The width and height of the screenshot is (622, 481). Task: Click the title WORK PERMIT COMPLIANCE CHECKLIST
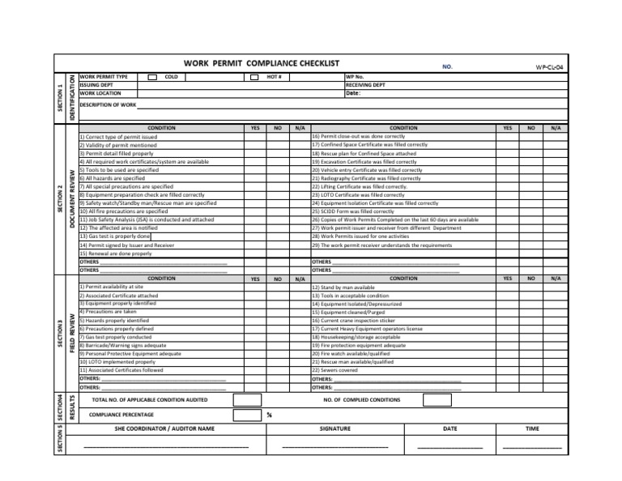pyautogui.click(x=261, y=63)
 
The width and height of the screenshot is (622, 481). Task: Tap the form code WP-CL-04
pyautogui.click(x=550, y=66)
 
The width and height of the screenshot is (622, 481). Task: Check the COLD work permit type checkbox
pyautogui.click(x=153, y=77)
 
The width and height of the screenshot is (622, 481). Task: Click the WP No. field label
pyautogui.click(x=355, y=77)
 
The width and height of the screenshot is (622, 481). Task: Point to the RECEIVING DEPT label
pyautogui.click(x=365, y=85)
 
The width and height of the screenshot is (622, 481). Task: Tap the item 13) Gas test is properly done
pyautogui.click(x=115, y=236)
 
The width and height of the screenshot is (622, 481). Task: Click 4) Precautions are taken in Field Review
pyautogui.click(x=108, y=312)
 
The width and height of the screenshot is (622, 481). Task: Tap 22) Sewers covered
pyautogui.click(x=334, y=370)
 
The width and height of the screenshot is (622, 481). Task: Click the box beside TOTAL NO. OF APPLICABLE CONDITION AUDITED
pyautogui.click(x=247, y=399)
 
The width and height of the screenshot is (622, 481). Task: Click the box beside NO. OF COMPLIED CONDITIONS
pyautogui.click(x=437, y=399)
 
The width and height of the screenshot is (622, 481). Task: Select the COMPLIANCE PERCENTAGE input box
pyautogui.click(x=247, y=415)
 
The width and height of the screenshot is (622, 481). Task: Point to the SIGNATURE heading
pyautogui.click(x=334, y=428)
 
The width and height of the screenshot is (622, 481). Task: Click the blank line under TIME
pyautogui.click(x=531, y=446)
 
